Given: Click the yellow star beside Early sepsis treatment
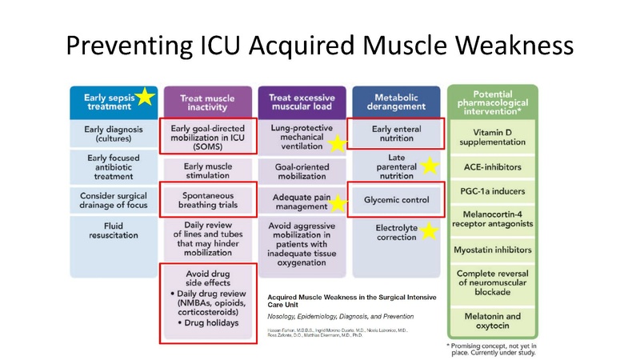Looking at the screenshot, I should coord(145,98).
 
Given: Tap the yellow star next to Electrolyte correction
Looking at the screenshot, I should coord(430,232).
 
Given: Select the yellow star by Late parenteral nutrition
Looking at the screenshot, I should coord(430,166).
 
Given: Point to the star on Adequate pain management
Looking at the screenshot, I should coord(338,203).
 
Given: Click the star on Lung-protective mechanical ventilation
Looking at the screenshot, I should coord(338,143).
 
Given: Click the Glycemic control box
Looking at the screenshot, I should coord(395,199).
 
